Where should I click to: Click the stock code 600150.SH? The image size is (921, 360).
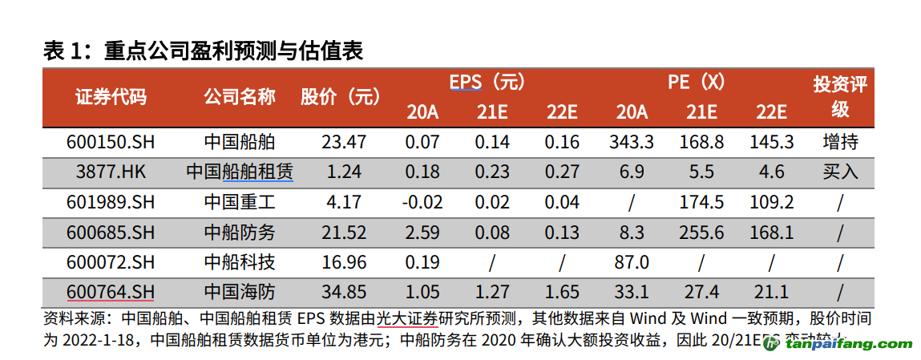pos(111,142)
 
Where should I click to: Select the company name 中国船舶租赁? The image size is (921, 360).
pos(239,172)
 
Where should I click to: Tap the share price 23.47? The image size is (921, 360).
pos(343,142)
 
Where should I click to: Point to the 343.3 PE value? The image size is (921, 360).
pos(631,142)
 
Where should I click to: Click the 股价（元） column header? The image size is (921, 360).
pos(341,97)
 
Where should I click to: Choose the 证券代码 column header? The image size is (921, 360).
pos(111,97)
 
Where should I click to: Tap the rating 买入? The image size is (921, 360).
pos(839,172)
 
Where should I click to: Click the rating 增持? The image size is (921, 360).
pos(839,142)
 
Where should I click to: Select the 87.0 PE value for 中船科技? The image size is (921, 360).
pos(631,262)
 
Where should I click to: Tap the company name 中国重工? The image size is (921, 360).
pos(239,202)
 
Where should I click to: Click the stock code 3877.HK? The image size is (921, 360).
pos(111,172)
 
